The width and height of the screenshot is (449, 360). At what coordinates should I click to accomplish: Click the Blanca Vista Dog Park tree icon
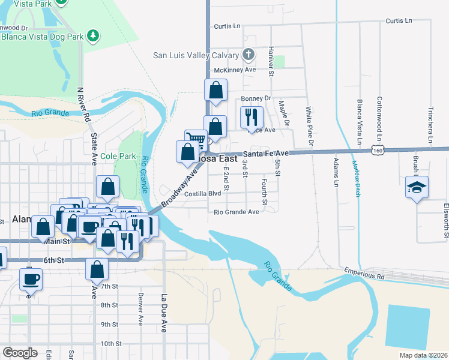tap(93, 36)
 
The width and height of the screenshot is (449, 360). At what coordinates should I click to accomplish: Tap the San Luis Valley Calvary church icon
tap(249, 55)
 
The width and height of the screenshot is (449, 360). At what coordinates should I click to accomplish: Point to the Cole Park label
tap(116, 156)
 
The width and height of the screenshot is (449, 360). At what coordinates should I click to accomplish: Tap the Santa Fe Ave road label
tap(266, 154)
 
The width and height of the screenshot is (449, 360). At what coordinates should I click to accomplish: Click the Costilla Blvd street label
tap(203, 194)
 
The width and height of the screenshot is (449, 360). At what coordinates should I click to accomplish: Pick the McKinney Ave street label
tap(235, 70)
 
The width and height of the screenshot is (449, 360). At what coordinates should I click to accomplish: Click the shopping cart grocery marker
tap(196, 140)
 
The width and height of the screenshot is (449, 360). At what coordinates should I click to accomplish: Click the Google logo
tap(19, 353)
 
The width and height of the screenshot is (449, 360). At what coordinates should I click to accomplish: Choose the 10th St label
tap(111, 344)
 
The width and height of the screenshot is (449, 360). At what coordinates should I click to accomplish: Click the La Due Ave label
tap(163, 312)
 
